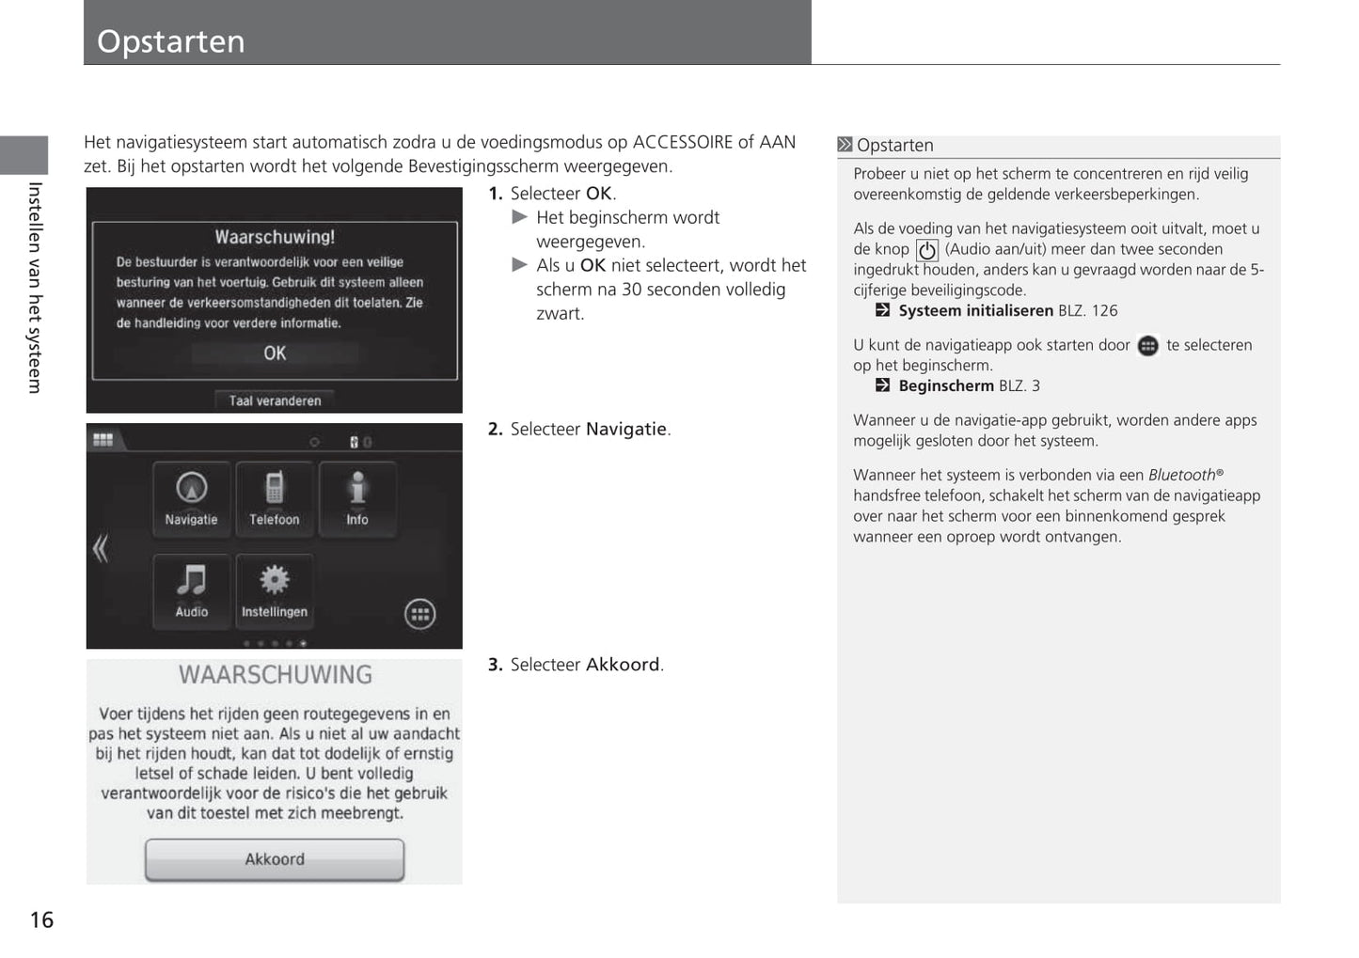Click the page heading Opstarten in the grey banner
171,41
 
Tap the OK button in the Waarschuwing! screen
275,353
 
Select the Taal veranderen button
275,400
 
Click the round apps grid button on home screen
419,614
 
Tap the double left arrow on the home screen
101,548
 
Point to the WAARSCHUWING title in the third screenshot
275,675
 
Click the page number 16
41,919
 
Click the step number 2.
495,430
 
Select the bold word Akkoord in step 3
623,665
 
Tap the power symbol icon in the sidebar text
926,250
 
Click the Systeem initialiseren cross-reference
975,311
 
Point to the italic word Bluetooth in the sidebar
1182,475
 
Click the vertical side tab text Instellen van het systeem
35,288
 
